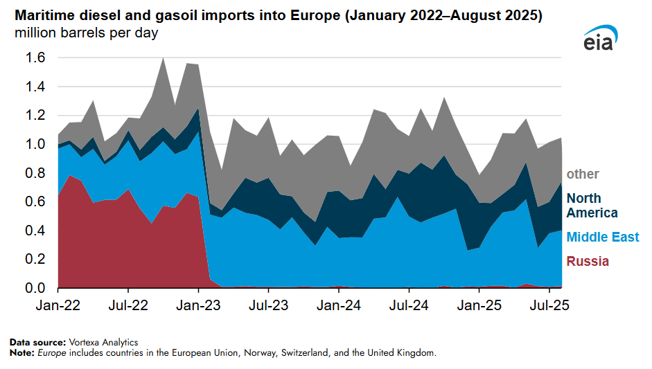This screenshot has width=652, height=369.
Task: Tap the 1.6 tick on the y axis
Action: (35, 58)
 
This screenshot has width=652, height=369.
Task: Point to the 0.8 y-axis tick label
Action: (35, 173)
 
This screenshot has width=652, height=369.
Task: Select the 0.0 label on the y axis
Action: (35, 288)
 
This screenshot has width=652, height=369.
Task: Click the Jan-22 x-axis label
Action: (58, 305)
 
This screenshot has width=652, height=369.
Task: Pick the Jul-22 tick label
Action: (128, 305)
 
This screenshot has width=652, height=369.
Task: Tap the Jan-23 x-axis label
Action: (199, 305)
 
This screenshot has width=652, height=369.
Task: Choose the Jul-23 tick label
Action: (268, 305)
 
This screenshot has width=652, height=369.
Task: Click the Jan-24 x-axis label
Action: (339, 305)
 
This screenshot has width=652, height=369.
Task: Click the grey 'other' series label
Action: (583, 174)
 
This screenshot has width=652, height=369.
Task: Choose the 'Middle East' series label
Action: (603, 237)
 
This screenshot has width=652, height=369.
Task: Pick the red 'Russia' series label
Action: (588, 261)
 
